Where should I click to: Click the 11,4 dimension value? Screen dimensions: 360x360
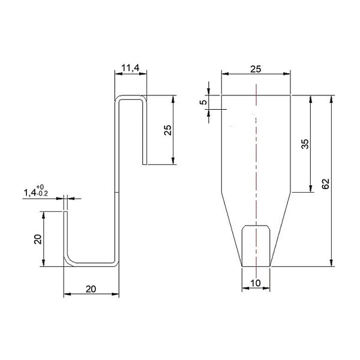pyautogui.click(x=130, y=68)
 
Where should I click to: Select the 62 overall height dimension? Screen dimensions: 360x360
pyautogui.click(x=325, y=184)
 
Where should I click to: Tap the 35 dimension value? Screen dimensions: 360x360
pyautogui.click(x=305, y=144)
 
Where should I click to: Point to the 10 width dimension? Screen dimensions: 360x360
pyautogui.click(x=256, y=283)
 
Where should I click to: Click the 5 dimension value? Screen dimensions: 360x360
pyautogui.click(x=203, y=102)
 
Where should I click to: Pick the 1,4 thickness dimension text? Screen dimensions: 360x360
pyautogui.click(x=30, y=193)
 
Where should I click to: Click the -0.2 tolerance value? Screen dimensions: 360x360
pyautogui.click(x=42, y=194)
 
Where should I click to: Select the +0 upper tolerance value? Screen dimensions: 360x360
pyautogui.click(x=40, y=187)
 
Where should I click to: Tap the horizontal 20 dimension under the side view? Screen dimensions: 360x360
pyautogui.click(x=91, y=289)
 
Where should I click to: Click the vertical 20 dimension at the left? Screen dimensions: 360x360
pyautogui.click(x=38, y=239)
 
